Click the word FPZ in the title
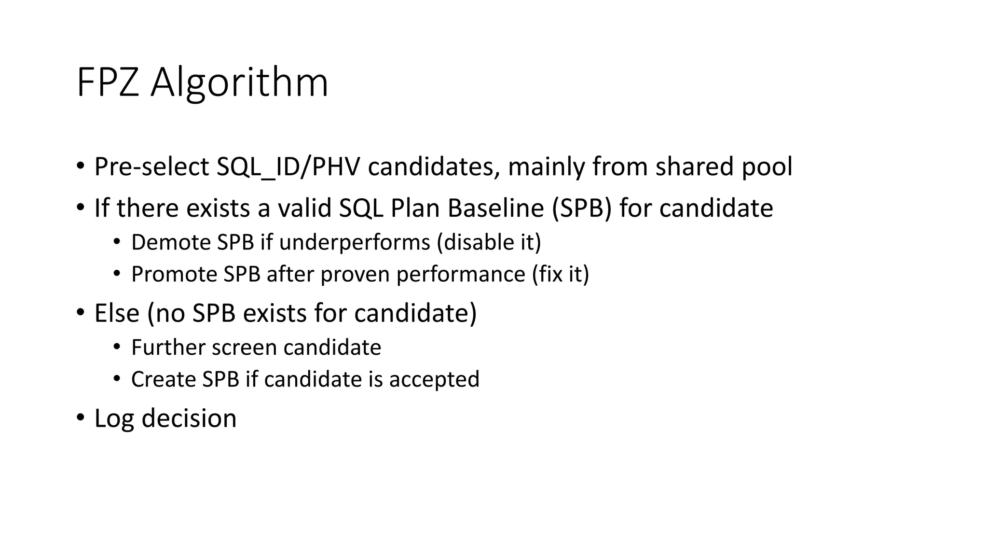pos(108,83)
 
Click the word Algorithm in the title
pos(239,83)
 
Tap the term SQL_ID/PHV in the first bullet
pos(288,167)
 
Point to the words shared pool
pos(724,167)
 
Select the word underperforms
pos(355,242)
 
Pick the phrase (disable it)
pos(489,242)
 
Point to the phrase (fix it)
pos(561,275)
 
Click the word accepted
pos(434,379)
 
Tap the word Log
pos(114,418)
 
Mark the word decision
pos(189,418)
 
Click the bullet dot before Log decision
pos(80,417)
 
